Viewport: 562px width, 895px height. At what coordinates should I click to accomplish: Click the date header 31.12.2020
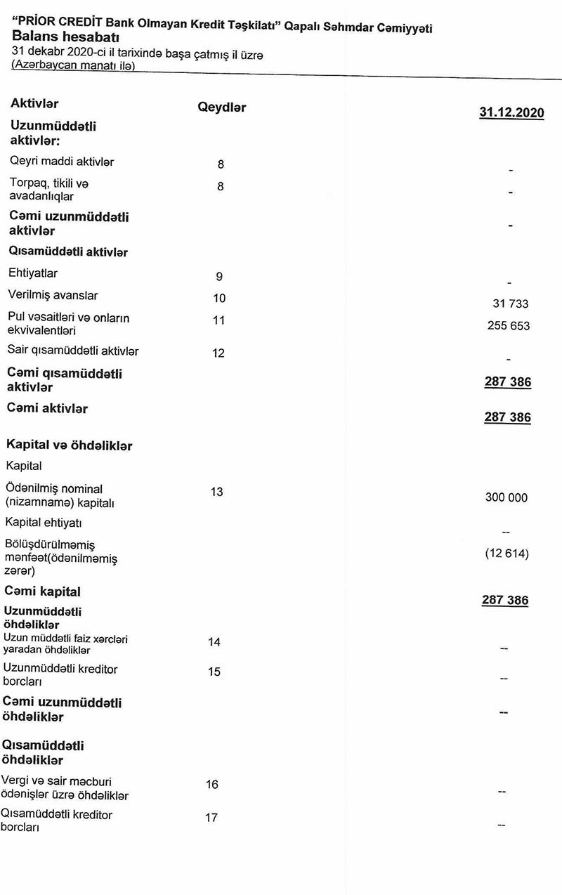(511, 112)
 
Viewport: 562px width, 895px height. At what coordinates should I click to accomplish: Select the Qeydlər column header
(222, 107)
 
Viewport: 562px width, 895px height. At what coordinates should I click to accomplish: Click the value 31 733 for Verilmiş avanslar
(511, 304)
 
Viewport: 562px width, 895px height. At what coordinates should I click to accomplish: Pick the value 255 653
(509, 326)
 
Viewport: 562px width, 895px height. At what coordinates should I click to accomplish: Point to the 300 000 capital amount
(506, 497)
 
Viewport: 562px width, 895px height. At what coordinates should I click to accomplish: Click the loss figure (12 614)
(507, 554)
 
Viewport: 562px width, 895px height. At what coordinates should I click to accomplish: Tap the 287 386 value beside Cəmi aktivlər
(507, 417)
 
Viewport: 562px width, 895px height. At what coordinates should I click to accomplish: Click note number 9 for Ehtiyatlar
(219, 277)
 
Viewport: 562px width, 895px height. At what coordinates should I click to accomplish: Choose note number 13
(216, 492)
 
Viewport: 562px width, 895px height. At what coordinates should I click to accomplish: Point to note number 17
(211, 818)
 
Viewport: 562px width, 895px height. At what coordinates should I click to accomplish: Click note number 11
(218, 320)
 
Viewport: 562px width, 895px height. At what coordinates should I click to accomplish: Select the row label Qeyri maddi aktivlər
(61, 162)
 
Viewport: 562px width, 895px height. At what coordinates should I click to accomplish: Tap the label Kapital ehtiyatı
(48, 523)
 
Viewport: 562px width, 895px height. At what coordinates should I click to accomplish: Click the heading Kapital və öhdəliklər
(69, 445)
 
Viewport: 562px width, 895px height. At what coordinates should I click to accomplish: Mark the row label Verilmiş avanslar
(53, 295)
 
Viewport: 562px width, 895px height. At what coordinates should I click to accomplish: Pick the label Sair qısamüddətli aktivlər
(73, 350)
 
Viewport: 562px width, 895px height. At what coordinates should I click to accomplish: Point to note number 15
(214, 672)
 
